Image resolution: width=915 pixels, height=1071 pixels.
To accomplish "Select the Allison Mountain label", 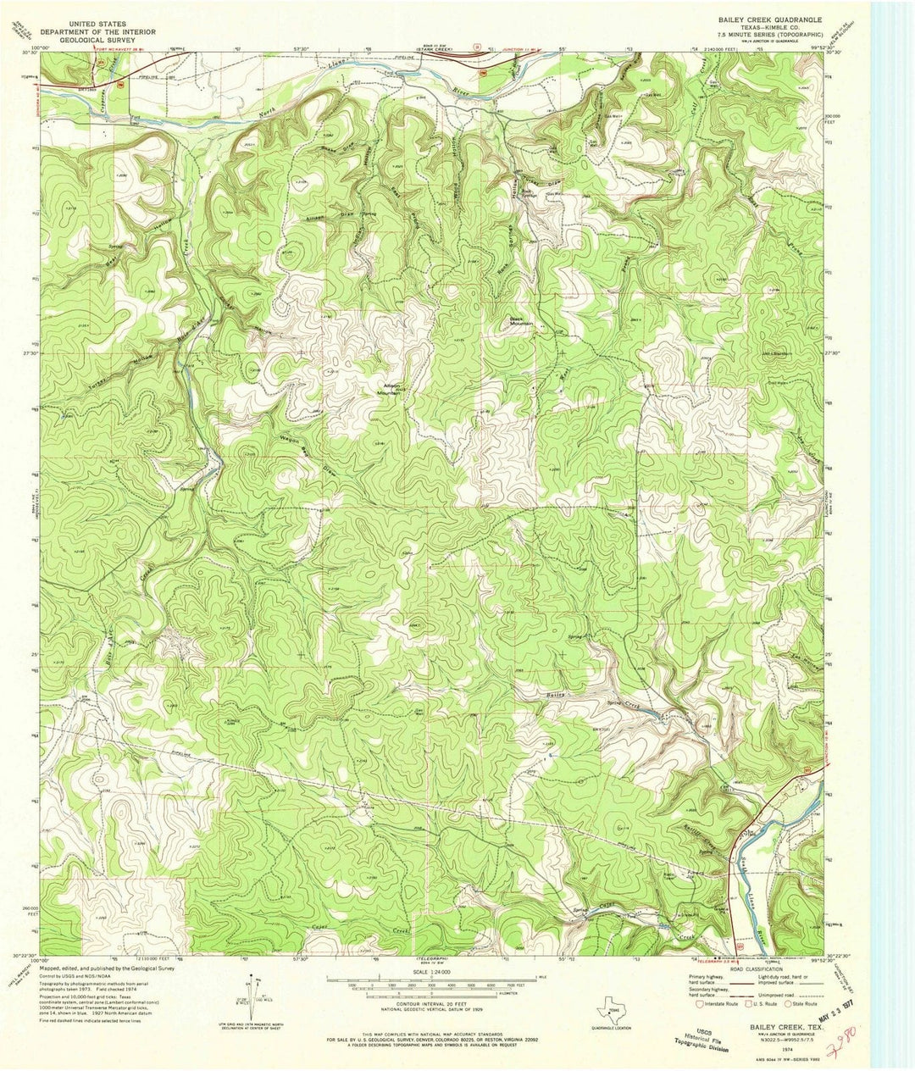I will (389, 390).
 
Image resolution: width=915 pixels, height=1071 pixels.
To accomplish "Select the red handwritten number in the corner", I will (848, 1035).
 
